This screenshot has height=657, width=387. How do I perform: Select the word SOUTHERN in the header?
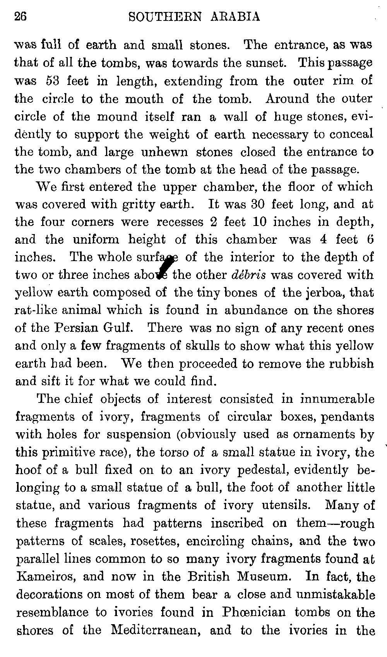point(163,17)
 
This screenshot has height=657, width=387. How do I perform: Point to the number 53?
point(51,81)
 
